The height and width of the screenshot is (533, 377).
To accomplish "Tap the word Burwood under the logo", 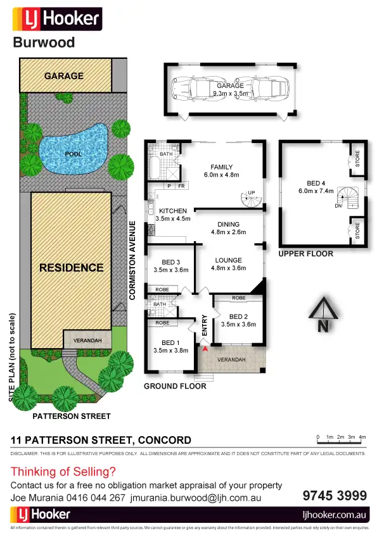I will coord(44,42).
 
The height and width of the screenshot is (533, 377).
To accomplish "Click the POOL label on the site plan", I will coord(73,154).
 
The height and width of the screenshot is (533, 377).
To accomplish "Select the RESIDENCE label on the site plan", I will coord(71,267).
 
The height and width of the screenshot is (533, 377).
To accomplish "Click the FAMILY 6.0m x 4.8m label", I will coord(221,171).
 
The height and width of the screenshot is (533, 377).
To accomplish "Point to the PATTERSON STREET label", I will coord(72,416).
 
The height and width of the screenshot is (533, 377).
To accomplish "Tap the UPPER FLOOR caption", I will coord(305,253).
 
